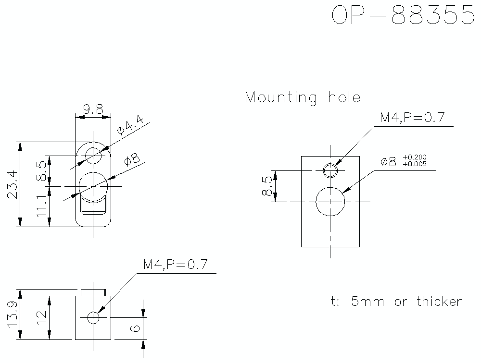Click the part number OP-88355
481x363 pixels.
tap(403, 16)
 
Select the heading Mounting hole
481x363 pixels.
tap(303, 97)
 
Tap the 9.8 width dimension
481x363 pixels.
tap(92, 109)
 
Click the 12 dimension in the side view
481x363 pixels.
tap(42, 317)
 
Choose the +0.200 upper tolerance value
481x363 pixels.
tap(415, 157)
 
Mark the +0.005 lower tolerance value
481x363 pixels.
tap(415, 164)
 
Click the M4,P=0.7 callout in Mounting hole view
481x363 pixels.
tap(412, 118)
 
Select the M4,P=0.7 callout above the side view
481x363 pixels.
tap(176, 265)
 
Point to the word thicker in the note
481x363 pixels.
tap(439, 302)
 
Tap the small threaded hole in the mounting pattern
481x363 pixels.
tap(330, 170)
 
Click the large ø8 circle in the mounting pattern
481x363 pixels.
tap(330, 202)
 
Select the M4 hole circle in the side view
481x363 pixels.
tap(93, 317)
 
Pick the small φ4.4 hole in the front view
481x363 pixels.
tap(93, 155)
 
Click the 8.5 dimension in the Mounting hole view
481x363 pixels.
tap(266, 186)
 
